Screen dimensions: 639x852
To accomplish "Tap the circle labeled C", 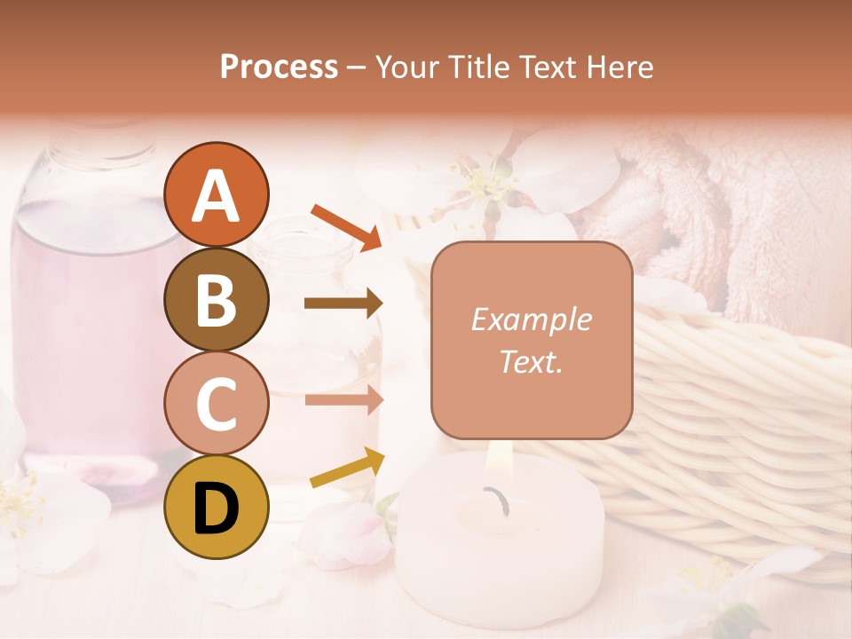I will pyautogui.click(x=216, y=403).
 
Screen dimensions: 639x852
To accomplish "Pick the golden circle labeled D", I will pyautogui.click(x=216, y=507).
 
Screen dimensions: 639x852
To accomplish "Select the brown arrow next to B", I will pyautogui.click(x=343, y=304).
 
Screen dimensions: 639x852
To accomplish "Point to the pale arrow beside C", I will pyautogui.click(x=343, y=399).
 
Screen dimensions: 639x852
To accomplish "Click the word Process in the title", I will pyautogui.click(x=279, y=67).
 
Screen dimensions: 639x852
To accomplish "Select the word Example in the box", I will pyautogui.click(x=531, y=320).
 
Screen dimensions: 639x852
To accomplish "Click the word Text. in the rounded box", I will pyautogui.click(x=531, y=361).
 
